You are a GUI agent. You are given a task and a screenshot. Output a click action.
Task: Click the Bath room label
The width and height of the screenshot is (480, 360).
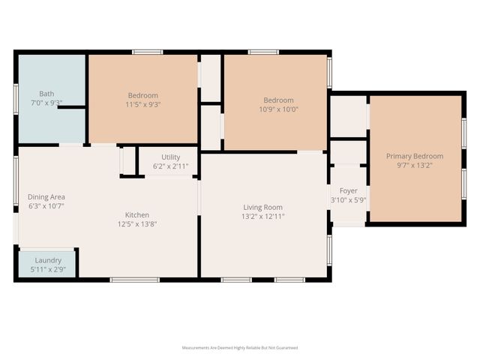(46, 94)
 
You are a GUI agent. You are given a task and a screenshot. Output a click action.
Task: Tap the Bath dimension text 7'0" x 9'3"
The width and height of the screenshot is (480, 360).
(46, 102)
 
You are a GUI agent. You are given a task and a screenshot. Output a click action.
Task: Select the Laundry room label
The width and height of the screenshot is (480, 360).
(48, 260)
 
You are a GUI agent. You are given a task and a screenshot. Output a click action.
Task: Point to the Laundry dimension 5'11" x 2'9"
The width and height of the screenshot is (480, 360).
(48, 268)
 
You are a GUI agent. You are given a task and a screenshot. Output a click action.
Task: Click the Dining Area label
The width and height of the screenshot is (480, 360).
(46, 197)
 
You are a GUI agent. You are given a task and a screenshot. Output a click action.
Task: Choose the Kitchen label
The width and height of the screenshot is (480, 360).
(136, 214)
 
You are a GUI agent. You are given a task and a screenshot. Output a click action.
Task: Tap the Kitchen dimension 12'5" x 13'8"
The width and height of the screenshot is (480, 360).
(136, 223)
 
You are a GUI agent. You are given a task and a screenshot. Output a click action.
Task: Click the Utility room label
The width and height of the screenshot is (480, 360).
(168, 157)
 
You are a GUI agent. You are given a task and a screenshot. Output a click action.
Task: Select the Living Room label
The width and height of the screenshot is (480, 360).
(262, 207)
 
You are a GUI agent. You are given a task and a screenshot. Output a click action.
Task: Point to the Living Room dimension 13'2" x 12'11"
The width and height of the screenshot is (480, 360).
(262, 216)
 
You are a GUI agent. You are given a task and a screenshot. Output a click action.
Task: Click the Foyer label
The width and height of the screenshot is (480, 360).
(348, 191)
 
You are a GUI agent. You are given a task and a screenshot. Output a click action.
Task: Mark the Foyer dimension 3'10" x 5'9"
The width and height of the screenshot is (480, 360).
(348, 200)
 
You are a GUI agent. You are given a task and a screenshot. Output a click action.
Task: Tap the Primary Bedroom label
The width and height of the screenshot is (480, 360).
(414, 156)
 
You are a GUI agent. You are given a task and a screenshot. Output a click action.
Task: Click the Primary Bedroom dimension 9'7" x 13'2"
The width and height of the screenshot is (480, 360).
(414, 165)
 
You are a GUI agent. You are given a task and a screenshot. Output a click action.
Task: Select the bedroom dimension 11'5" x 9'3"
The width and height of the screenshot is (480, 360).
(142, 104)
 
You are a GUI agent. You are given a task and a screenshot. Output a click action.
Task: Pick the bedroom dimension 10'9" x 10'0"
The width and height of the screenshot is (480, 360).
(277, 109)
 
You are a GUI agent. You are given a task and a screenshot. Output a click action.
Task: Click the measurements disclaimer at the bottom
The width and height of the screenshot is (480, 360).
(240, 348)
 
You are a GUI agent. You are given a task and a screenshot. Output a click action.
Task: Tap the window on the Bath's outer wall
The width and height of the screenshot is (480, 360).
(16, 97)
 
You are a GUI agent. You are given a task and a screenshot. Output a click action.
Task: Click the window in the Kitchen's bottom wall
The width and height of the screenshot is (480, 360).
(134, 280)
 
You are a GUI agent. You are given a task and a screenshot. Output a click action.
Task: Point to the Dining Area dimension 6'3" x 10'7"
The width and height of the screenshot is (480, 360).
(46, 205)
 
